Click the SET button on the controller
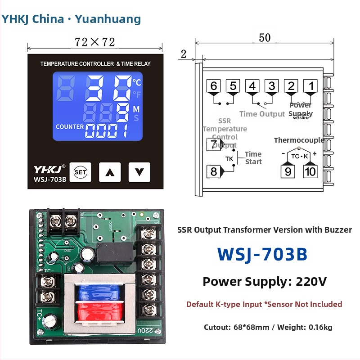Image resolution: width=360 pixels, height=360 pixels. (81, 171)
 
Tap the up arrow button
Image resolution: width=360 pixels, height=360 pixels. (110, 171)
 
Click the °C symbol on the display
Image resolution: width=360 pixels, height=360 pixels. (137, 82)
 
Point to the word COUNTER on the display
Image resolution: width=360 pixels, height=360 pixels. (70, 127)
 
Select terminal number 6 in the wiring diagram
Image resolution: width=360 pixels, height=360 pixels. (213, 86)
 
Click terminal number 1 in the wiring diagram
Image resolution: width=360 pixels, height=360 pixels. (310, 86)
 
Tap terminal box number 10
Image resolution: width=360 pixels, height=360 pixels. (310, 171)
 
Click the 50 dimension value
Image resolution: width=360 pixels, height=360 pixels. (265, 38)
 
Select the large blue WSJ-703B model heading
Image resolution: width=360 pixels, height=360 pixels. (262, 254)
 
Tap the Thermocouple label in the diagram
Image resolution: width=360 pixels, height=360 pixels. (299, 140)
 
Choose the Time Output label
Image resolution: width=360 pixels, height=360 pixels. (262, 114)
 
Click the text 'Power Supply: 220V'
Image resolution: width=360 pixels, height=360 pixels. (265, 282)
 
